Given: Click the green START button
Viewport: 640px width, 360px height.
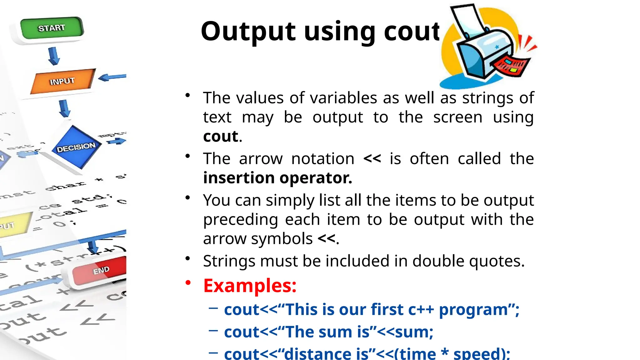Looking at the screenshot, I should tap(52, 28).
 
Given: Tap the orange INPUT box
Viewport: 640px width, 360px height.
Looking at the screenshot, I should tap(62, 81).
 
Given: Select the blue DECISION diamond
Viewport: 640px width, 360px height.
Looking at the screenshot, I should tap(76, 147).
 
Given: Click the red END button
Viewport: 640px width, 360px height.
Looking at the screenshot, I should tap(100, 271).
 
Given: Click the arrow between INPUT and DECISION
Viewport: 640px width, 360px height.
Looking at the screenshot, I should tap(64, 108).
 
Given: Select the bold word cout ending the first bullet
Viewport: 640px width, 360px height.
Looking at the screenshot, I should tap(221, 136).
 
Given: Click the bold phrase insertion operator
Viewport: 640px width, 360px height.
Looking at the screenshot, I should tap(277, 178).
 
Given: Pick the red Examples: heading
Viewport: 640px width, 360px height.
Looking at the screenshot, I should tap(250, 285).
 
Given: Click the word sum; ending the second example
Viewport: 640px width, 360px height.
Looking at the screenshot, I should tap(414, 332).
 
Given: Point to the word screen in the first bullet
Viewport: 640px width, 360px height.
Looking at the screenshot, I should tap(457, 117).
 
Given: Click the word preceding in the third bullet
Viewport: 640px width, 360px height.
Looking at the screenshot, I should tap(240, 219).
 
